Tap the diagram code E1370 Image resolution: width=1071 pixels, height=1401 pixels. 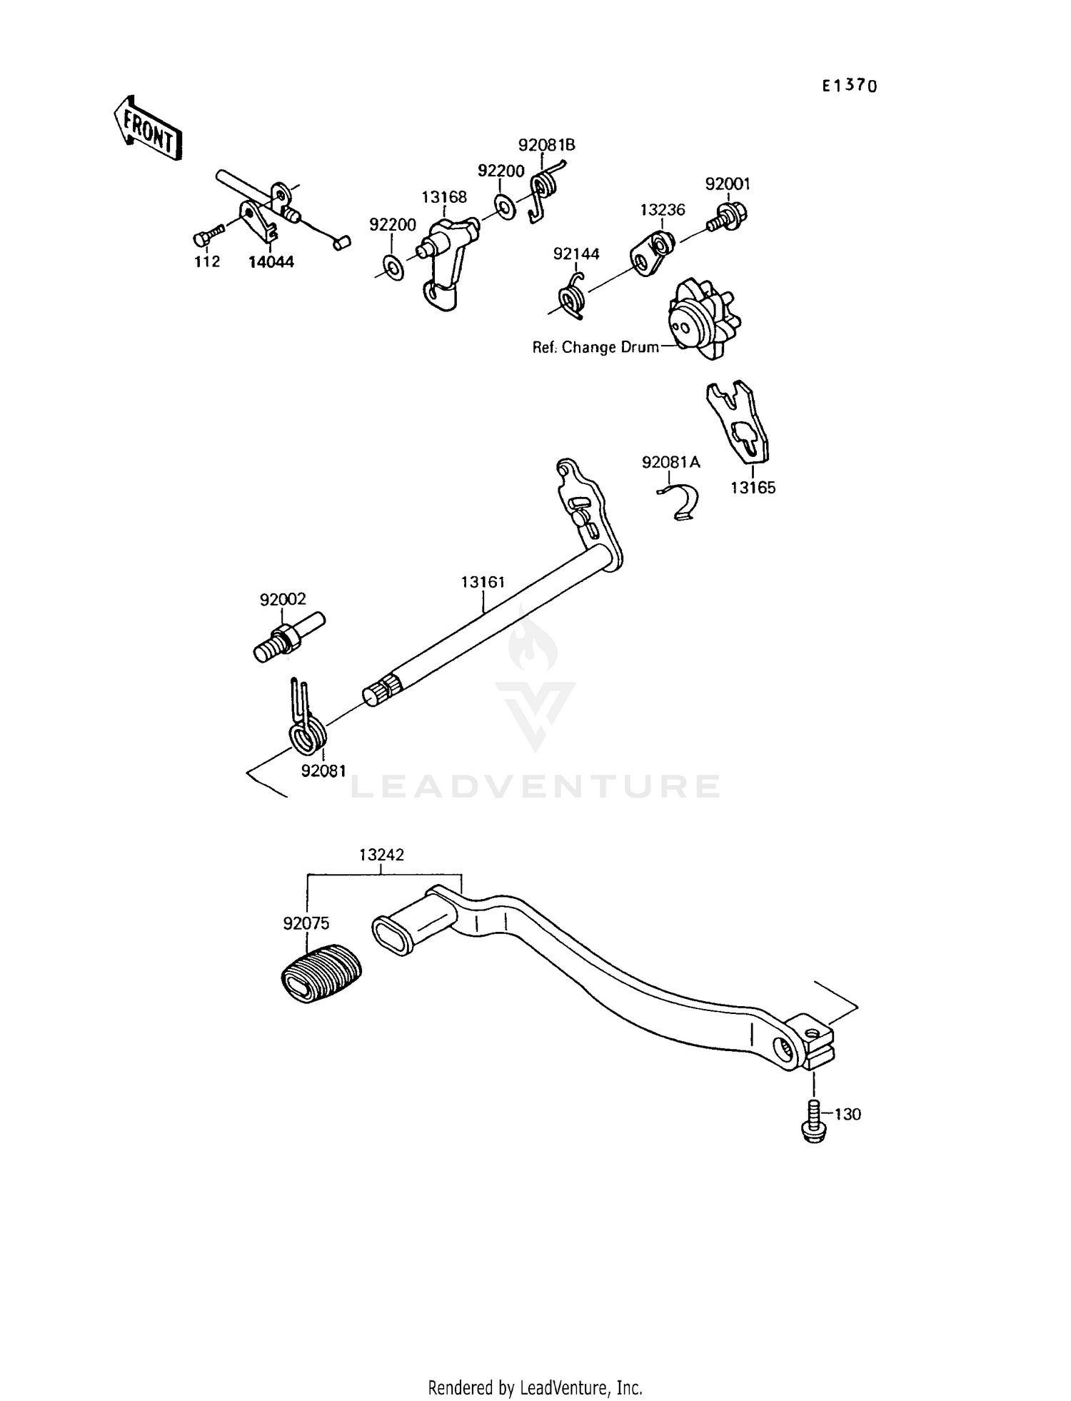[x=849, y=86]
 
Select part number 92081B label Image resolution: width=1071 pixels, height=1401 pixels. [x=546, y=145]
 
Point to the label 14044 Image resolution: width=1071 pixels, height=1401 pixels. [x=271, y=262]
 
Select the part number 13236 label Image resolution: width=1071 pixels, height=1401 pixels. [x=662, y=209]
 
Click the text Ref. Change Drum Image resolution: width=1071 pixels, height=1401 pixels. [x=595, y=348]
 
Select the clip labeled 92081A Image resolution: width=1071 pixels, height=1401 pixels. [x=680, y=501]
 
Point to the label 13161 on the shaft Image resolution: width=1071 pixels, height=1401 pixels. [x=483, y=582]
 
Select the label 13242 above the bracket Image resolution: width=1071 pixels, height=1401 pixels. [x=381, y=855]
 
